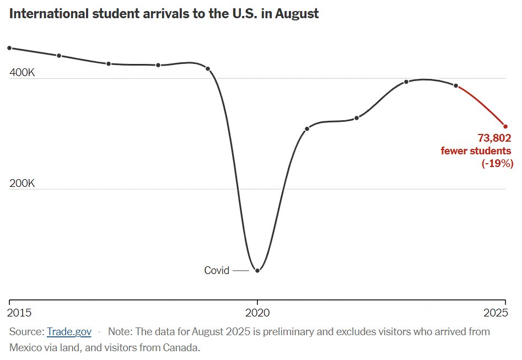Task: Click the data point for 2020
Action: click(257, 270)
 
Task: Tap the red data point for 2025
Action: click(505, 126)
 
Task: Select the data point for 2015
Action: click(9, 48)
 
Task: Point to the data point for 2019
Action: click(208, 68)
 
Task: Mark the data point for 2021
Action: click(307, 128)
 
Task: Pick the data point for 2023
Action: click(406, 82)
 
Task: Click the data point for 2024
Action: click(456, 85)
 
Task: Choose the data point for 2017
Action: click(109, 63)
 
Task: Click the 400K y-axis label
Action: click(22, 73)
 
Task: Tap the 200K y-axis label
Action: click(22, 184)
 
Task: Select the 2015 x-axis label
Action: click(20, 313)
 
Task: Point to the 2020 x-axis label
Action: click(257, 313)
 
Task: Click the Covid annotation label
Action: click(217, 271)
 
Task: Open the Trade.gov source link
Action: click(69, 332)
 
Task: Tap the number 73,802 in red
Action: click(494, 138)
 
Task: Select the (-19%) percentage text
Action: click(497, 163)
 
